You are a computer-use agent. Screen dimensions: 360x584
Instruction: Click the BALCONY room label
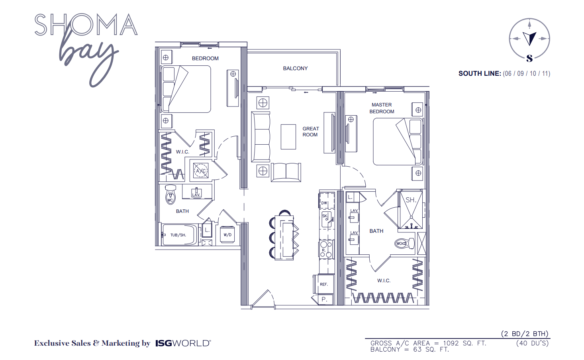[295, 69]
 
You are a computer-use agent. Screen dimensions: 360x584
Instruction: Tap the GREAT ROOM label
[310, 132]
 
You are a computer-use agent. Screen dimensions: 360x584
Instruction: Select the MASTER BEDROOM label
[382, 108]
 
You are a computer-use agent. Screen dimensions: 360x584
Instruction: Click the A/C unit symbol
[201, 171]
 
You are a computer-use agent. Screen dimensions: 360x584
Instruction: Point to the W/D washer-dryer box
[227, 235]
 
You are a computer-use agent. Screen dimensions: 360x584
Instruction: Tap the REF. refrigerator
[324, 284]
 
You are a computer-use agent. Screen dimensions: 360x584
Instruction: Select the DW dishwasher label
[324, 203]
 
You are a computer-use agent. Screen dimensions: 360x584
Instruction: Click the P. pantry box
[324, 299]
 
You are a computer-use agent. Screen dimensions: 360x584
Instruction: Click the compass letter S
[529, 59]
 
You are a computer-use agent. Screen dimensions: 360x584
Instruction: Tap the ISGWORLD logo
[183, 343]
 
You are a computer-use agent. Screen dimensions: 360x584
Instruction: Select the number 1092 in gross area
[451, 343]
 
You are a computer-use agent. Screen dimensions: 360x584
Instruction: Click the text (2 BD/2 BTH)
[524, 334]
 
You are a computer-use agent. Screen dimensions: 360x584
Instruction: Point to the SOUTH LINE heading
[480, 73]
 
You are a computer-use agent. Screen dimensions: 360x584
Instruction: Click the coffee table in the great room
[288, 137]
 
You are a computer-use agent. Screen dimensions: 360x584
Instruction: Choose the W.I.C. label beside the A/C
[182, 152]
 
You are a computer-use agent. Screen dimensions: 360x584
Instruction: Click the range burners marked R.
[326, 249]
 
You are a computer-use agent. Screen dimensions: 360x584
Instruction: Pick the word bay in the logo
[90, 56]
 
